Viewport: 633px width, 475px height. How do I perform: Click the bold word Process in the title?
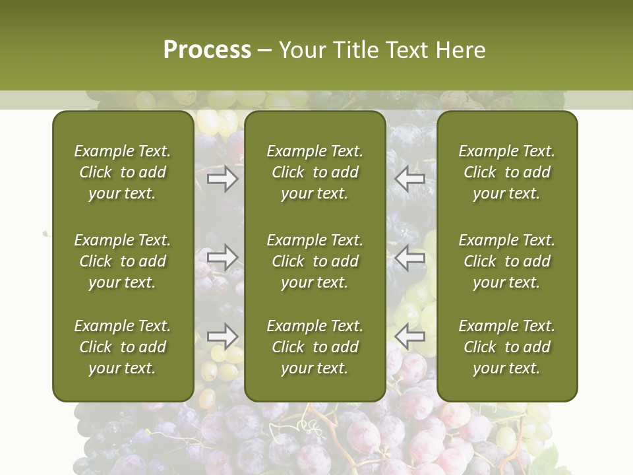pos(207,50)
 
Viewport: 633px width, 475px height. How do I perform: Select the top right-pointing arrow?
pos(223,179)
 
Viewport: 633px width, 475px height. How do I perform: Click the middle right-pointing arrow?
pos(223,257)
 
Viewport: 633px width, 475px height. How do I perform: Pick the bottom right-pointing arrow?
pos(223,336)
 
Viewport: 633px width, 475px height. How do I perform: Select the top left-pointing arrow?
pos(410,179)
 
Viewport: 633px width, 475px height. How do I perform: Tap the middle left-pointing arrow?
pos(410,257)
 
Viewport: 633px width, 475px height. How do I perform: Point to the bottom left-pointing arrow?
pos(410,336)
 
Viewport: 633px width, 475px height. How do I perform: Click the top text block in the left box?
pos(123,172)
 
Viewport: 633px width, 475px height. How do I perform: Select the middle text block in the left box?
pos(123,261)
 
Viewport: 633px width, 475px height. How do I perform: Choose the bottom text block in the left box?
pos(123,347)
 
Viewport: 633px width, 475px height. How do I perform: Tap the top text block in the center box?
pos(315,172)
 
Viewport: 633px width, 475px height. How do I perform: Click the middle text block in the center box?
pos(315,261)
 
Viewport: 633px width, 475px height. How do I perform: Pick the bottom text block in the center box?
pos(315,347)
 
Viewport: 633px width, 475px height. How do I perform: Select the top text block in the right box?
pos(507,172)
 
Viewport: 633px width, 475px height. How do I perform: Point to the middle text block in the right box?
pos(507,261)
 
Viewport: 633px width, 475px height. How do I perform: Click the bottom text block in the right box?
pos(507,347)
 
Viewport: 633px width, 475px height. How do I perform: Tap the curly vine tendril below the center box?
pos(305,422)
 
